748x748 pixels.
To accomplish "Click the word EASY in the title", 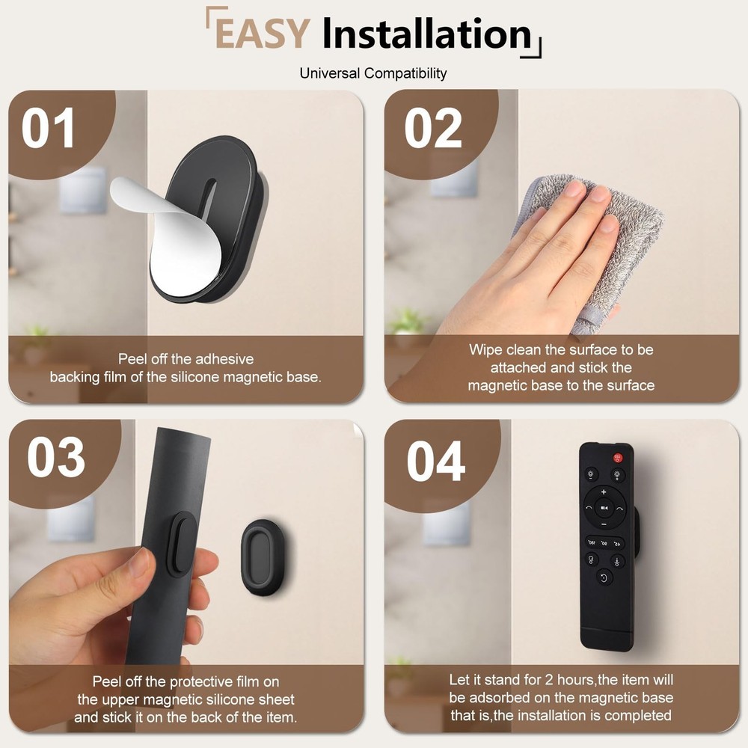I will click(x=262, y=34).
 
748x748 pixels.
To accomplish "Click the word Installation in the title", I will click(x=426, y=34).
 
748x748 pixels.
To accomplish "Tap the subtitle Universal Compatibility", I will click(x=373, y=73).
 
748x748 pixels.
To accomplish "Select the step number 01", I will click(x=49, y=128).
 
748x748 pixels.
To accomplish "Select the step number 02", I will click(x=433, y=128).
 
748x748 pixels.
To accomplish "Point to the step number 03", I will click(x=56, y=458).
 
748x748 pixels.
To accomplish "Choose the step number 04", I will click(x=436, y=462).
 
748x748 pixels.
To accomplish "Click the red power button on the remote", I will click(x=618, y=457).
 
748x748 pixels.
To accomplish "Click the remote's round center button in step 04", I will click(x=604, y=508).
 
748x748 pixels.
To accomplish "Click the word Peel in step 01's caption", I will click(x=133, y=359).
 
